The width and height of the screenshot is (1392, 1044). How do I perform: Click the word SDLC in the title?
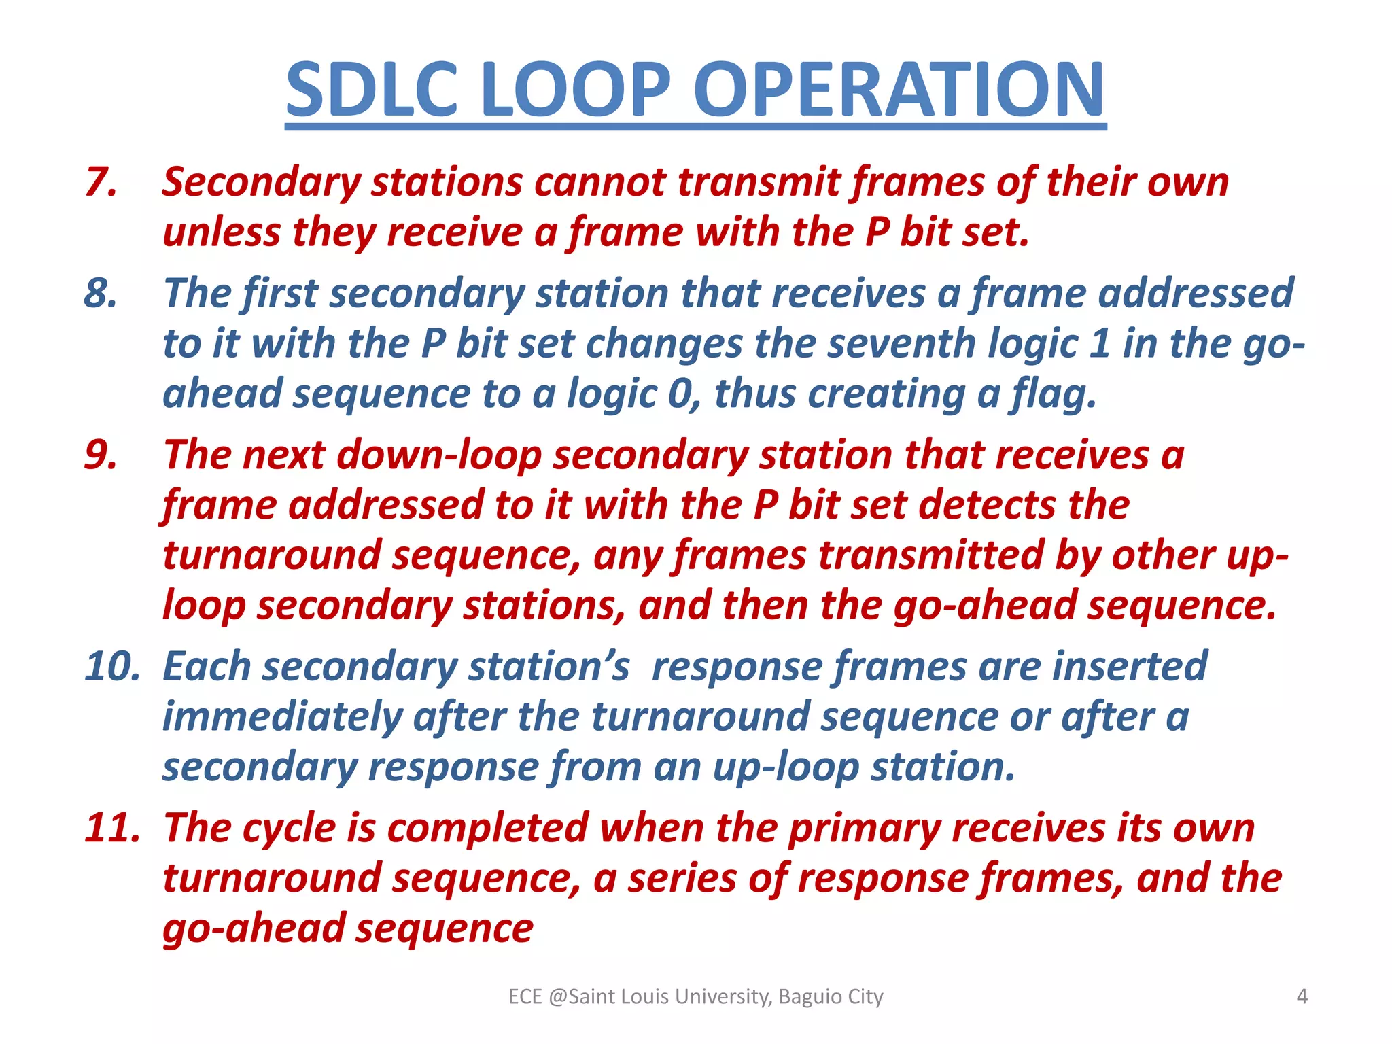point(372,90)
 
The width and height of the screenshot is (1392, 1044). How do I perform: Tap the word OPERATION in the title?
point(899,90)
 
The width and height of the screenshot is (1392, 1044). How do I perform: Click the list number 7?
point(101,182)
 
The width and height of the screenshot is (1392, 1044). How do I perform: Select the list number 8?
point(101,293)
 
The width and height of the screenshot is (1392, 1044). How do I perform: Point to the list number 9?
point(101,454)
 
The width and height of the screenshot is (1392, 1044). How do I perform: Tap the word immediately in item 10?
point(282,717)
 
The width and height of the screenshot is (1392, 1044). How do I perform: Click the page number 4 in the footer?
point(1302,996)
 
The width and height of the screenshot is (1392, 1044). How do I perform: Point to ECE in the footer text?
point(525,996)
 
